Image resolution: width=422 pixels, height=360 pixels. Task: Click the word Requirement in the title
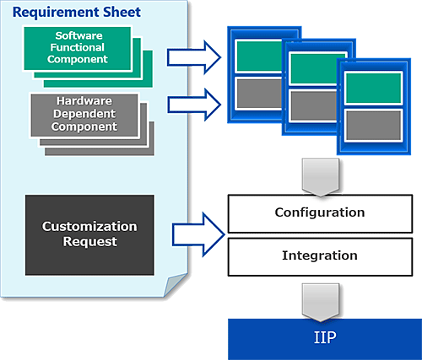(56, 13)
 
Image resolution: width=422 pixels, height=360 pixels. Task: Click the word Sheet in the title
(122, 12)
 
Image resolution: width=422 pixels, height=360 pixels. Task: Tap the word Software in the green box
(78, 35)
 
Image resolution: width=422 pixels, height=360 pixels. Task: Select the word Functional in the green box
(78, 47)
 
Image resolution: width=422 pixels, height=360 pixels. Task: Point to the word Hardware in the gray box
(84, 101)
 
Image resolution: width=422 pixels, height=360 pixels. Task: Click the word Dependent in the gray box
(84, 114)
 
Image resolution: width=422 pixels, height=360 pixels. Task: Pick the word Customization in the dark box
(89, 227)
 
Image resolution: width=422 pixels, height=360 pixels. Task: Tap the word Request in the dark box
(89, 242)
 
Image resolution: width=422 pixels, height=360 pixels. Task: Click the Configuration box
(320, 214)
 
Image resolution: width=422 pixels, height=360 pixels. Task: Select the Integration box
(320, 257)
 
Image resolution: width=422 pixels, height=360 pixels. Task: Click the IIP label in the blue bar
(325, 337)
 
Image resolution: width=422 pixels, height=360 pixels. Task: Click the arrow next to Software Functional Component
(194, 57)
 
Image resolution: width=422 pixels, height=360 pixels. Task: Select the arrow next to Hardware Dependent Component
(194, 105)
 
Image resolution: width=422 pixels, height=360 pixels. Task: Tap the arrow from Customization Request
(198, 234)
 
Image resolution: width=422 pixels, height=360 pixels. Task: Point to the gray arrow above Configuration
(321, 177)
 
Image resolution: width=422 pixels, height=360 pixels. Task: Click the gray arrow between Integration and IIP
(321, 303)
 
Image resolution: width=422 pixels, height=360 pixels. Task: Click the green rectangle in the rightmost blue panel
(373, 88)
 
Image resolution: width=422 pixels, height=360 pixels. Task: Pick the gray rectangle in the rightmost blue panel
(373, 126)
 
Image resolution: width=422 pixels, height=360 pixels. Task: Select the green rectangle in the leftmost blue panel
(259, 56)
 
